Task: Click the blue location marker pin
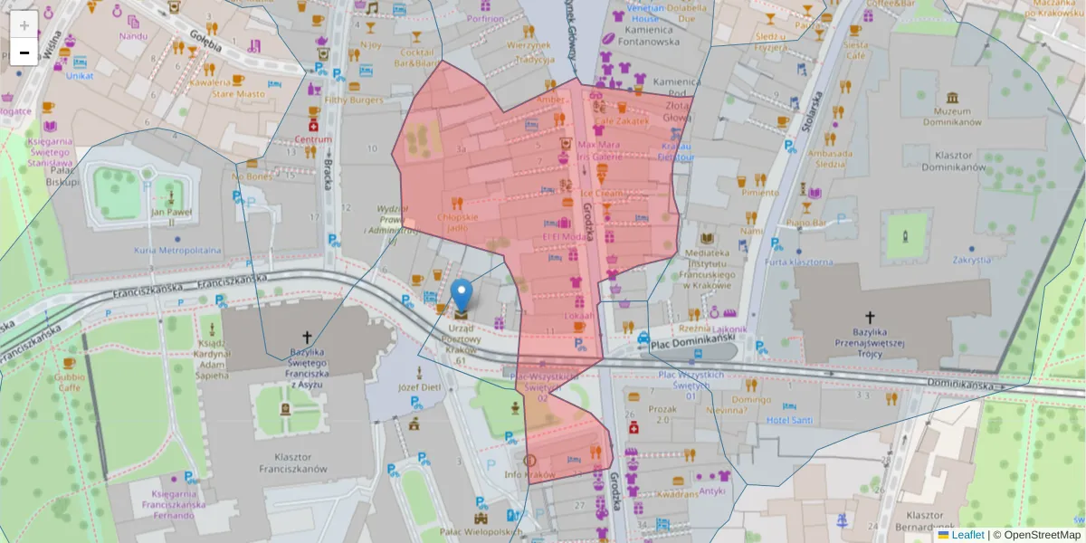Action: (x=462, y=295)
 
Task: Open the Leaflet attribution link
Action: (x=967, y=535)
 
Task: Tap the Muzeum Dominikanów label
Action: (x=951, y=116)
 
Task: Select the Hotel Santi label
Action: (x=789, y=420)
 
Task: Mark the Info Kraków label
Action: (x=529, y=474)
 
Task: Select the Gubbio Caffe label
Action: (x=69, y=382)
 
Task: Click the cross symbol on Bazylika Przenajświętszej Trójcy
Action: (x=871, y=317)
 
